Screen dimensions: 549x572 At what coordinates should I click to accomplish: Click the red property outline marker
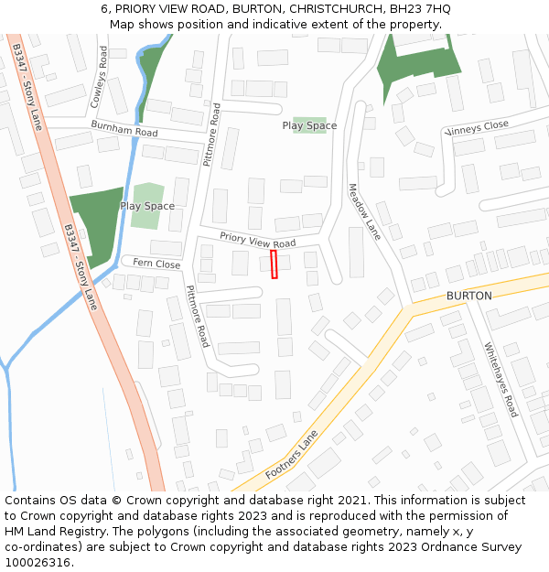pos(274,265)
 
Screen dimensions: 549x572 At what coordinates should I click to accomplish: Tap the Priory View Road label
pos(258,241)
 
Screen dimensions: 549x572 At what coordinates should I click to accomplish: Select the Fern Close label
pos(156,264)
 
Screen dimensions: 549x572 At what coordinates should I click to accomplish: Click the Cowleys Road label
pos(103,78)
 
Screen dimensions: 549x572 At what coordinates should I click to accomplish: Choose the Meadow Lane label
pos(363,211)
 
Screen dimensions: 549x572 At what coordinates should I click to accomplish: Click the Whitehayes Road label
pos(501,380)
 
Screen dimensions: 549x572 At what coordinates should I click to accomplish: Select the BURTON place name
pos(468,296)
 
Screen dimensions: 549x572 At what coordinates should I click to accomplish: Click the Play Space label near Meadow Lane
pos(309,125)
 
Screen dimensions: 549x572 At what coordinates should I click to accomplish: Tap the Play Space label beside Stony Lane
pos(147,206)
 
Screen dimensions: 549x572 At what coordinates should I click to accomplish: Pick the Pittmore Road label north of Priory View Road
pos(211,134)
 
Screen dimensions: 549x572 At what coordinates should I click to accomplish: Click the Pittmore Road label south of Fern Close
pos(198,316)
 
